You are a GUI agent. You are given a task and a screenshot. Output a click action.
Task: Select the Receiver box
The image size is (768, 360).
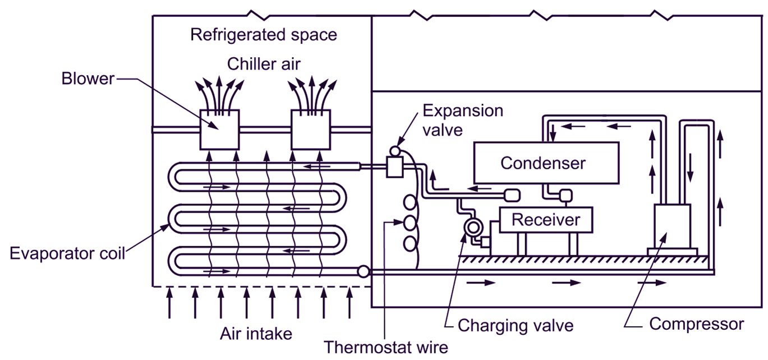(x=545, y=220)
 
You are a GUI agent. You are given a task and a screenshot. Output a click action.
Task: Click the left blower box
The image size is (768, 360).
(x=220, y=129)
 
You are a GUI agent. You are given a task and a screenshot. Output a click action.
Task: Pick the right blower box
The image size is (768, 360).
(x=310, y=129)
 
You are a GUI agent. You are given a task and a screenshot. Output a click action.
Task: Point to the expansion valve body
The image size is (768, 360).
(x=395, y=167)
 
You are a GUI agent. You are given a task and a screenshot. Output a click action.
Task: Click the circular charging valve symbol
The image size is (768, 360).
(x=472, y=227)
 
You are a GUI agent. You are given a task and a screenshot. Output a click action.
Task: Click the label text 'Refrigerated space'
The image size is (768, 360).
(x=264, y=35)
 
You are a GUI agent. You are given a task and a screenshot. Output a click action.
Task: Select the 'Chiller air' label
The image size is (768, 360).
(x=264, y=64)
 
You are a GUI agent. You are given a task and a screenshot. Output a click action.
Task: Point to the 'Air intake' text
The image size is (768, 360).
(x=256, y=334)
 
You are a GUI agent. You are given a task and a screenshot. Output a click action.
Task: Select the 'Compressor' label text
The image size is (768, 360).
(x=696, y=324)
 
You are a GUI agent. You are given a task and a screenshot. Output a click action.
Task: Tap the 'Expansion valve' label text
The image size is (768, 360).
(x=463, y=120)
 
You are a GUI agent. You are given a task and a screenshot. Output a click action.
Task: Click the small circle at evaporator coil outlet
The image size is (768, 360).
(x=363, y=271)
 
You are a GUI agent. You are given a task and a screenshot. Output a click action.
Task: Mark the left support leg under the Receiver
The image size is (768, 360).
(x=521, y=244)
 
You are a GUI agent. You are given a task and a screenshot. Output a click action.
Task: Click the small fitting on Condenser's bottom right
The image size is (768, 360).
(x=564, y=195)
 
